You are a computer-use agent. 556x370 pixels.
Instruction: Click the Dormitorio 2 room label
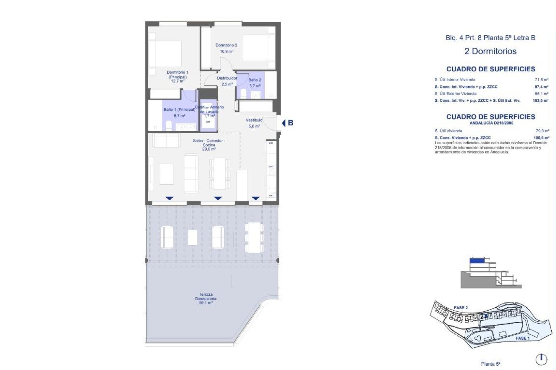pyautogui.click(x=226, y=45)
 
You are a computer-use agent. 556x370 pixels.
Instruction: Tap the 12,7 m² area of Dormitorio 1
pyautogui.click(x=178, y=81)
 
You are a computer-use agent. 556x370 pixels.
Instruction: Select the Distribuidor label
pyautogui.click(x=227, y=78)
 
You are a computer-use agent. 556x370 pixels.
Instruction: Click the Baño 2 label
pyautogui.click(x=255, y=80)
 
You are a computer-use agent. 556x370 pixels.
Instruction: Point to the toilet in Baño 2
pyautogui.click(x=243, y=94)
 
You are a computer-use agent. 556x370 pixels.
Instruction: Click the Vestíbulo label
pyautogui.click(x=254, y=120)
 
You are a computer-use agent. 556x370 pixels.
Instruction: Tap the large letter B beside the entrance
pyautogui.click(x=290, y=123)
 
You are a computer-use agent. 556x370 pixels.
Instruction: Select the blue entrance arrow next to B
pyautogui.click(x=284, y=123)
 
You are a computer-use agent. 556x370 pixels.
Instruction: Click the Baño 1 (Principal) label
pyautogui.click(x=179, y=110)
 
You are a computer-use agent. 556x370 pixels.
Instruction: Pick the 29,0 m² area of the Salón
pyautogui.click(x=209, y=149)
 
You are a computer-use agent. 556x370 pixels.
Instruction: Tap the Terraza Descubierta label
pyautogui.click(x=206, y=297)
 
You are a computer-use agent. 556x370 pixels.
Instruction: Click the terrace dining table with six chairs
pyautogui.click(x=254, y=237)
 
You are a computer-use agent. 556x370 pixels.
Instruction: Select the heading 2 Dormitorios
pyautogui.click(x=490, y=51)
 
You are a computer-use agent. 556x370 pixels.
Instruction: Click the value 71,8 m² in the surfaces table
pyautogui.click(x=542, y=79)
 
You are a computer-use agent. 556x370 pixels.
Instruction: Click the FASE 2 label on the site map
pyautogui.click(x=460, y=308)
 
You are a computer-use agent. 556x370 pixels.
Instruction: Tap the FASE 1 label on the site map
pyautogui.click(x=522, y=338)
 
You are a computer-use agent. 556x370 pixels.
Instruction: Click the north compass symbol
pyautogui.click(x=541, y=359)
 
